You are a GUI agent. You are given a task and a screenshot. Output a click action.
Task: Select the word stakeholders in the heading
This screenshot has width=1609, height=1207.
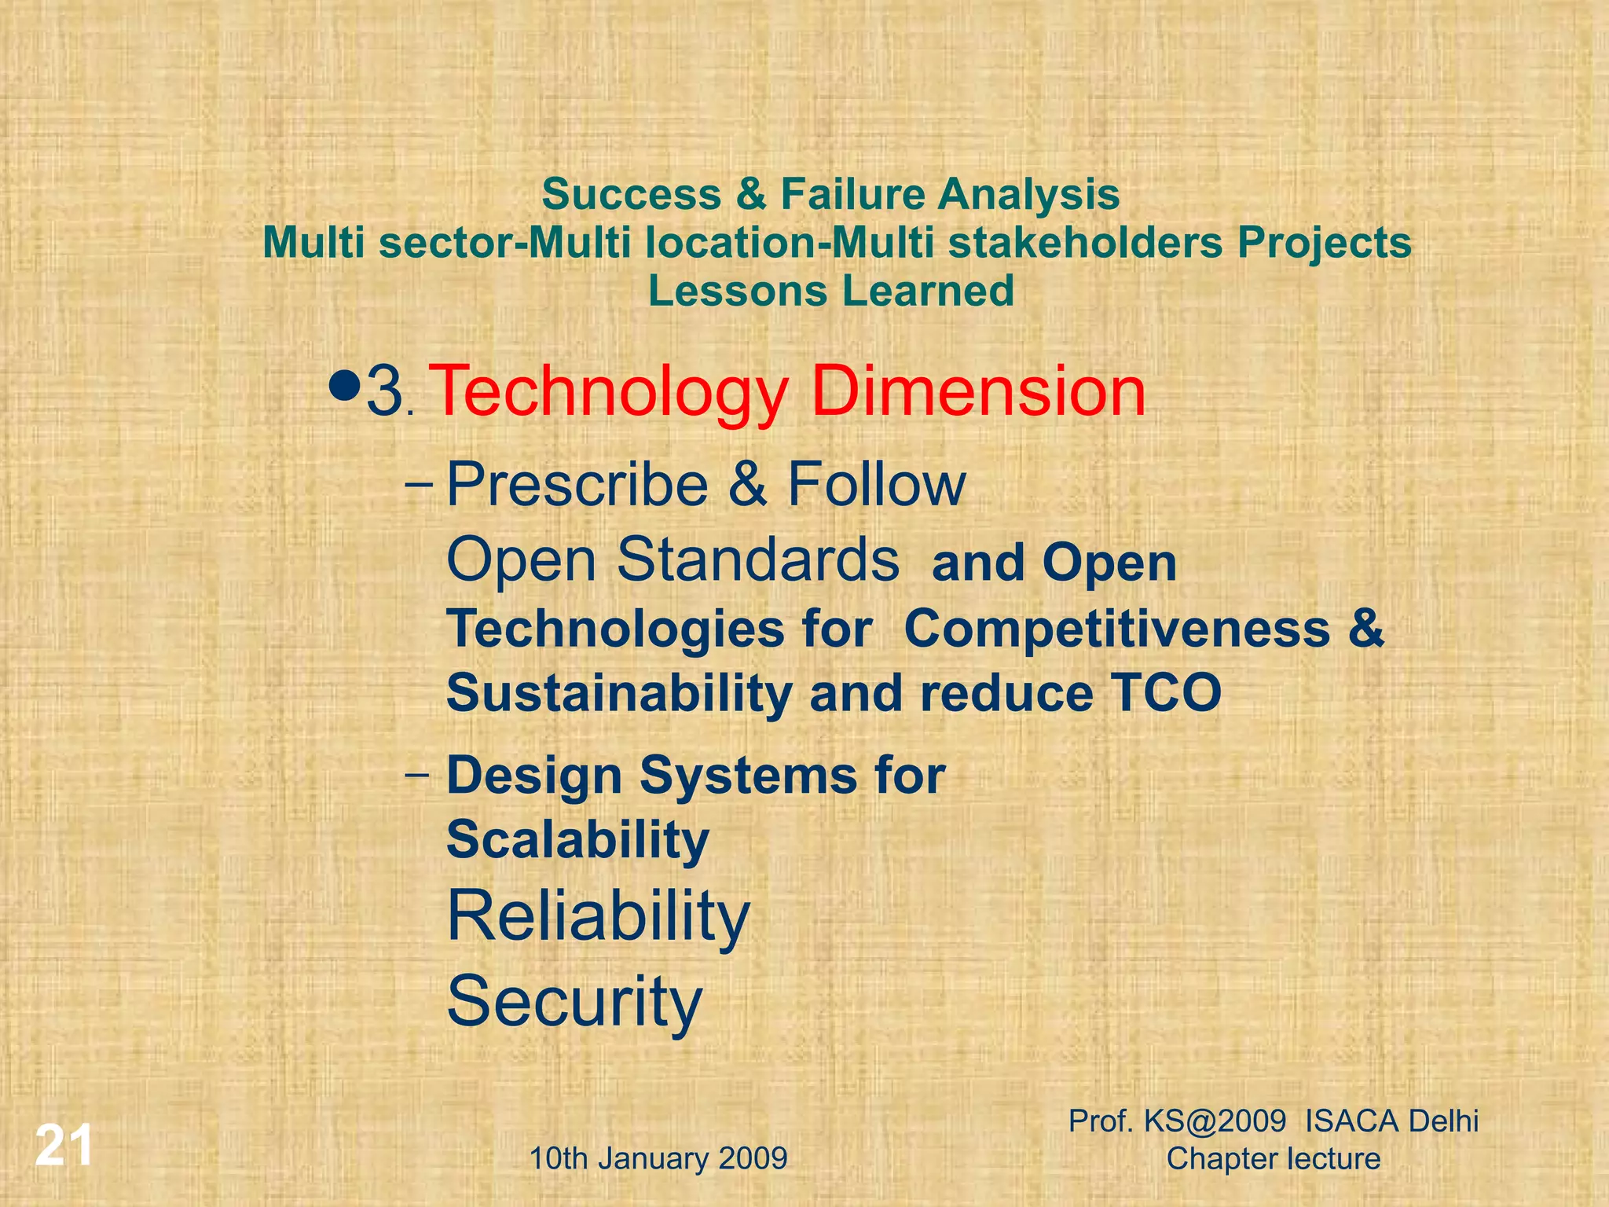tap(1085, 243)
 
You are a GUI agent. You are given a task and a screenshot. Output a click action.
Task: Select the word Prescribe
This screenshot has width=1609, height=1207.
tap(577, 485)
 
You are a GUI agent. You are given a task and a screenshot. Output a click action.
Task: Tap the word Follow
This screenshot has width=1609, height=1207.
tap(876, 485)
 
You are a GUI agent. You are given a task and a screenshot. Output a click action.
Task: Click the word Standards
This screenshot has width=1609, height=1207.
tap(757, 559)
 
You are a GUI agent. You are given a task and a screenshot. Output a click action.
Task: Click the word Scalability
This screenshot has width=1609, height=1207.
tap(577, 840)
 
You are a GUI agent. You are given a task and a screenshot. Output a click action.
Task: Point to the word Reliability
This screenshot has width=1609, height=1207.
tap(598, 917)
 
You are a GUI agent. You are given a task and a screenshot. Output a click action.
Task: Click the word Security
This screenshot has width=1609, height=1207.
tap(574, 1001)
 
